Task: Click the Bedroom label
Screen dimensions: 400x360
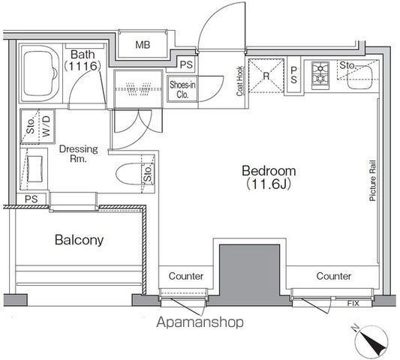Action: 269,171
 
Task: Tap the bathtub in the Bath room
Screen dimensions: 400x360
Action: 40,74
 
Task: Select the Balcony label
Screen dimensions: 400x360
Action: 79,240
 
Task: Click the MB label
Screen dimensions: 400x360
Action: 143,45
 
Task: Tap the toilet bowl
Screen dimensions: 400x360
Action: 129,174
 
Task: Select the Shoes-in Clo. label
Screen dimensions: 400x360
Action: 182,89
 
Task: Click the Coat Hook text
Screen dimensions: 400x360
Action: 239,81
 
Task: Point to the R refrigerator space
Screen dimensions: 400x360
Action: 266,76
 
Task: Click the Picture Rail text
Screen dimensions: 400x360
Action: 373,181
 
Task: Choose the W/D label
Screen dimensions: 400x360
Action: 47,126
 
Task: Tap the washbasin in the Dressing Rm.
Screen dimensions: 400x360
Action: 35,169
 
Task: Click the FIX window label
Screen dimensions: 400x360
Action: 353,304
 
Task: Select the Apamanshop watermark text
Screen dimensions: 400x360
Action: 200,322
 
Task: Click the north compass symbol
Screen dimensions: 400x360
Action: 372,341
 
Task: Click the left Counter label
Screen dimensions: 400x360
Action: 186,276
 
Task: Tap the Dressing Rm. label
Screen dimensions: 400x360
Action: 79,154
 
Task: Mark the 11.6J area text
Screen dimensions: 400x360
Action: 269,184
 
